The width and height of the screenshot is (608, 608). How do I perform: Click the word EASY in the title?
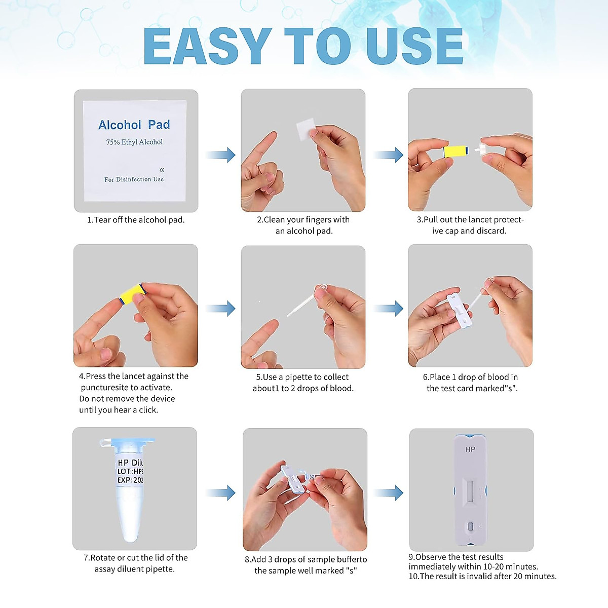click(207, 46)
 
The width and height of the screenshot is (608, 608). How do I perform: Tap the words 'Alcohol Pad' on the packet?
click(134, 125)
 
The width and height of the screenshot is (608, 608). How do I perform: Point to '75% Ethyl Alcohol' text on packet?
click(134, 142)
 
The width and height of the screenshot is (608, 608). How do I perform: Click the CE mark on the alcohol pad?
click(162, 170)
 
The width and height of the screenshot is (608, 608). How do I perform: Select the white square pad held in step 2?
click(306, 129)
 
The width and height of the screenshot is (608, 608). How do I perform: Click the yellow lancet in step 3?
click(455, 151)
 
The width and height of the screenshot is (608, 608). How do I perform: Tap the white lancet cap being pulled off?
click(477, 150)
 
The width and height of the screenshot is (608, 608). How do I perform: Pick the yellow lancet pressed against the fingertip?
click(133, 293)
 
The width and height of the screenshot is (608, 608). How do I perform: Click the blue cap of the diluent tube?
click(127, 441)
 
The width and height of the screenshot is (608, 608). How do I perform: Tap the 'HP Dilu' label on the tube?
click(130, 463)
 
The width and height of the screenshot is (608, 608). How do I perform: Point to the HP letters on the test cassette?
click(470, 449)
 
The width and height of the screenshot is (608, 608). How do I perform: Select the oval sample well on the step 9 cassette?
click(470, 526)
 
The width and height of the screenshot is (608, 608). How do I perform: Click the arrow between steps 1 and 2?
click(220, 155)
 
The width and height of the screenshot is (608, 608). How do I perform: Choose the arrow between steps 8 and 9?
click(388, 493)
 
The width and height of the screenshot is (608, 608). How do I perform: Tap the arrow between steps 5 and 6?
click(388, 308)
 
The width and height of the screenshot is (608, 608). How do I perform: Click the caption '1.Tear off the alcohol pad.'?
click(136, 219)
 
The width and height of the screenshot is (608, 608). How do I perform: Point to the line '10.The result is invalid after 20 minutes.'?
click(483, 576)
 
